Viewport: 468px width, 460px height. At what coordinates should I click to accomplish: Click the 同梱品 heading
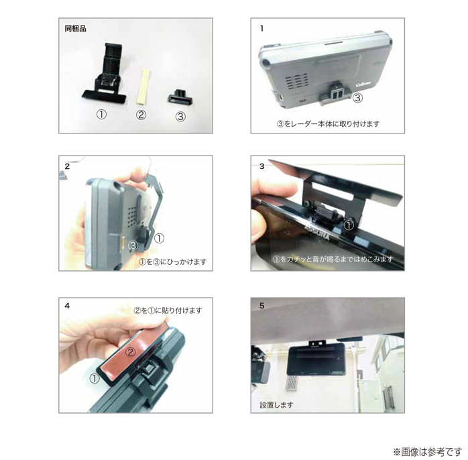click(75, 29)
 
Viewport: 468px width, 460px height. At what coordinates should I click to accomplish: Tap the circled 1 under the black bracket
click(101, 114)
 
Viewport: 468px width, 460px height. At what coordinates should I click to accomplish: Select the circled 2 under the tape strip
click(141, 115)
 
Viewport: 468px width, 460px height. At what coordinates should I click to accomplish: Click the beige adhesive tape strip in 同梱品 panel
click(143, 87)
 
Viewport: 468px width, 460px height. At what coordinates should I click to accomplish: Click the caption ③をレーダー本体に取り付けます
click(328, 123)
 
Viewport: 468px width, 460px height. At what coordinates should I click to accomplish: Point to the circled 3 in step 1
click(357, 98)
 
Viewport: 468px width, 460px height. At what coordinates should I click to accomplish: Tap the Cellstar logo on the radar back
click(363, 84)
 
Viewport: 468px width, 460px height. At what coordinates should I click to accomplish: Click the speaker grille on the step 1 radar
click(296, 82)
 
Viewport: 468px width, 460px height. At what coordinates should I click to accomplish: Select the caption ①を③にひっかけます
click(172, 262)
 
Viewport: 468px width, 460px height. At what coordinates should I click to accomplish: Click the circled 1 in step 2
click(159, 238)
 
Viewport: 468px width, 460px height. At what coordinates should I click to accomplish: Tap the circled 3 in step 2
click(133, 245)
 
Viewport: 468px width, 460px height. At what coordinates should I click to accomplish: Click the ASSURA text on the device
click(317, 233)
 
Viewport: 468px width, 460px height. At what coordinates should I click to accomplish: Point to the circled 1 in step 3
click(349, 225)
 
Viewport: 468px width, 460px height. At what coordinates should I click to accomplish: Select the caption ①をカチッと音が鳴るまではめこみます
click(333, 259)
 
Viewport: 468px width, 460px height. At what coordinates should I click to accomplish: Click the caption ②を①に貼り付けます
click(168, 310)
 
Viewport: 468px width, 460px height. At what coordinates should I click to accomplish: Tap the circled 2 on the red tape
click(130, 352)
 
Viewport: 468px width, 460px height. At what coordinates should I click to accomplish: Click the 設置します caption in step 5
click(276, 405)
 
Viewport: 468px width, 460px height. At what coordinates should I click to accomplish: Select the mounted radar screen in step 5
click(316, 359)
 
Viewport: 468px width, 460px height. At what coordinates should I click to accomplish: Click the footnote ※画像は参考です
click(427, 452)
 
